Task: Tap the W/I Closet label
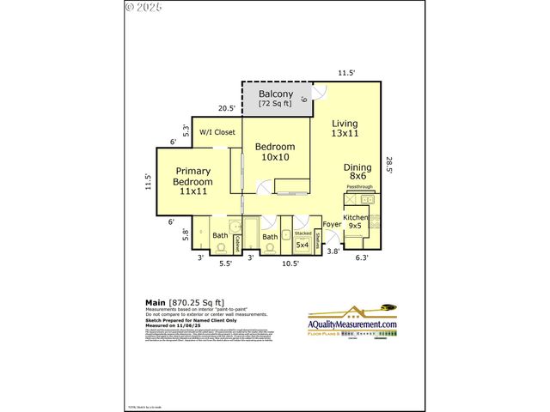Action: pos(217,132)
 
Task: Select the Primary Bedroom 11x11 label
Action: pos(192,181)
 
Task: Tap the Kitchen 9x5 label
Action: pos(356,221)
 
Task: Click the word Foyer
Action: pos(331,225)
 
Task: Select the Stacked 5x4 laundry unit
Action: pos(302,240)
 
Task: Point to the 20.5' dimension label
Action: pos(227,108)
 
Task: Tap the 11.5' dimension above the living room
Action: pos(346,73)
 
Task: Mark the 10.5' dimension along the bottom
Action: pos(290,264)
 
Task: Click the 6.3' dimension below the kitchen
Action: pos(361,257)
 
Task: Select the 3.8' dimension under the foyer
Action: pos(333,251)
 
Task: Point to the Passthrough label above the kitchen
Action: pos(358,186)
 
